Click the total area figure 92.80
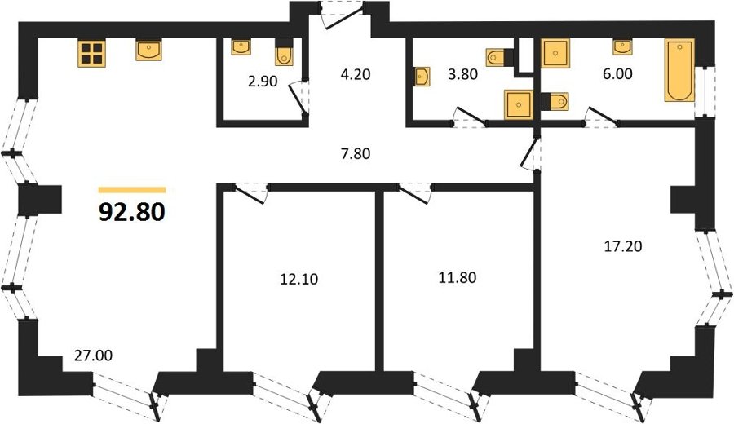pyautogui.click(x=132, y=212)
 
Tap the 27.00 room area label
pyautogui.click(x=94, y=356)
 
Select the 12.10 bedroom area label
pyautogui.click(x=298, y=280)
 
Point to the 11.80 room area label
pyautogui.click(x=458, y=277)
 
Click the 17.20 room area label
pyautogui.click(x=622, y=246)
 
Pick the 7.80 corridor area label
pyautogui.click(x=356, y=153)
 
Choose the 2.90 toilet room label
pyautogui.click(x=263, y=82)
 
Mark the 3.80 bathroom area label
pyautogui.click(x=462, y=74)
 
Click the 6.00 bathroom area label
pyautogui.click(x=617, y=74)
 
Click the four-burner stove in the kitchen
pyautogui.click(x=91, y=52)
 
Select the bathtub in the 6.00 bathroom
pyautogui.click(x=679, y=71)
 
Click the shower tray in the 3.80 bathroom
pyautogui.click(x=518, y=104)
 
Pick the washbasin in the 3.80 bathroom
pyautogui.click(x=422, y=77)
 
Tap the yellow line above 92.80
pyautogui.click(x=132, y=190)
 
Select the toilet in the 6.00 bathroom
pyautogui.click(x=555, y=102)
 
